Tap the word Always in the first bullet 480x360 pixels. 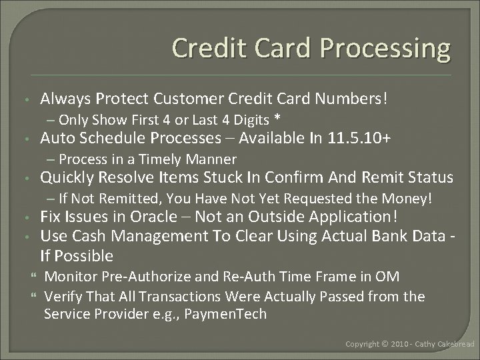[65, 99]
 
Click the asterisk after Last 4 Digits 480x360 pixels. [277, 120]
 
